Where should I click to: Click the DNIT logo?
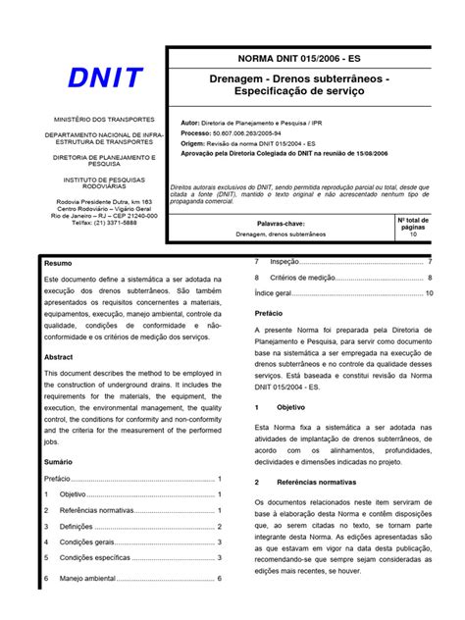pos(106,77)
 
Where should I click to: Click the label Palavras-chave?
pos(295,224)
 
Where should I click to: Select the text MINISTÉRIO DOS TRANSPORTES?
pos(106,118)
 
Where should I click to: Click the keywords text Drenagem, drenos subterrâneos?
pos(294,236)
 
